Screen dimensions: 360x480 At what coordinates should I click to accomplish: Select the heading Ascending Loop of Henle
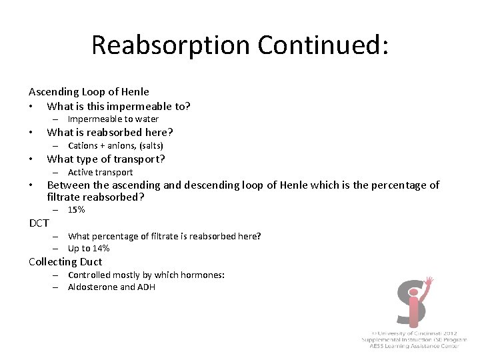(x=89, y=92)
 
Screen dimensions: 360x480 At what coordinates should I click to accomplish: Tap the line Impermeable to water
(x=113, y=119)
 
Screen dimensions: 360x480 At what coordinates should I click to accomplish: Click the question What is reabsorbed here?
(x=110, y=132)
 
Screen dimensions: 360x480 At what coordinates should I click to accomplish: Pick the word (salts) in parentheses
(x=151, y=145)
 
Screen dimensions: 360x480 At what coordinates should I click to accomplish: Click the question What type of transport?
(x=106, y=159)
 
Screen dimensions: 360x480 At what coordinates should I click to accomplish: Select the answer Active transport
(x=100, y=172)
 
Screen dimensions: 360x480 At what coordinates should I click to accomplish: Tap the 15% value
(x=76, y=209)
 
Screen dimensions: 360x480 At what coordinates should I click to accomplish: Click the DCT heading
(x=39, y=223)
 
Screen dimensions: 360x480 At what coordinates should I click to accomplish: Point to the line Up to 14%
(x=89, y=248)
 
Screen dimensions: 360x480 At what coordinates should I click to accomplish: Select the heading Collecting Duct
(x=65, y=262)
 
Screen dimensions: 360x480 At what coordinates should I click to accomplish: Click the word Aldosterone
(x=93, y=287)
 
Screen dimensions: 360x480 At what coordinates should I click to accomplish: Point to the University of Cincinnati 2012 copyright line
(x=417, y=332)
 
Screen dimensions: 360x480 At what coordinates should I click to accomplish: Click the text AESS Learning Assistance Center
(x=418, y=346)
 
